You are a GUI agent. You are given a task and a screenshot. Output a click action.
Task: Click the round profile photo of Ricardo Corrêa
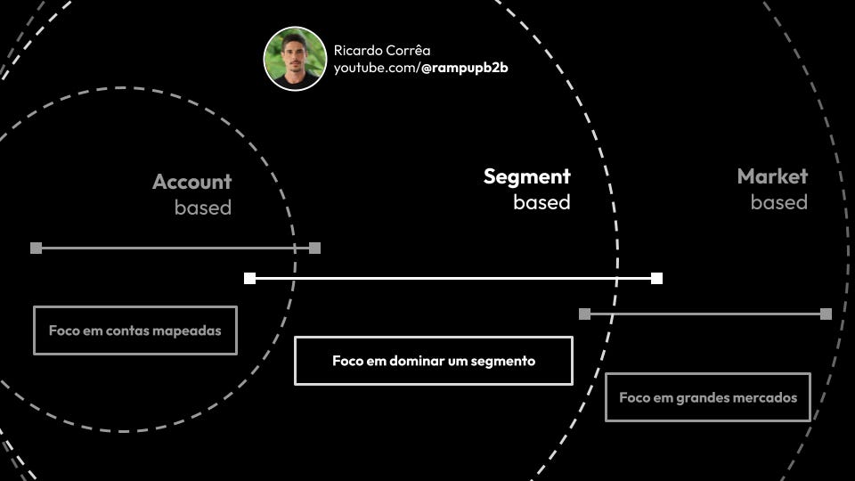pyautogui.click(x=295, y=58)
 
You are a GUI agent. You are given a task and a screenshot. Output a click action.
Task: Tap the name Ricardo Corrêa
pyautogui.click(x=381, y=51)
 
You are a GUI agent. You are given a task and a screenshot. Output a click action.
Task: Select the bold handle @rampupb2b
pyautogui.click(x=464, y=68)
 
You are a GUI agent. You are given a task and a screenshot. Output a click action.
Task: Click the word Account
pyautogui.click(x=191, y=182)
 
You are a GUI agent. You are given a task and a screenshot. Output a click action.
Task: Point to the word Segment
pyautogui.click(x=526, y=176)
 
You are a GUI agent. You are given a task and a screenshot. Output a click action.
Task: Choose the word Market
pyautogui.click(x=772, y=176)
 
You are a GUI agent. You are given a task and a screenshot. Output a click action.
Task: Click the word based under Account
pyautogui.click(x=203, y=208)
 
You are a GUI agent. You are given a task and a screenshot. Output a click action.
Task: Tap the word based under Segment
pyautogui.click(x=541, y=202)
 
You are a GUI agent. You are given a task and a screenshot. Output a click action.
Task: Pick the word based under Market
pyautogui.click(x=778, y=202)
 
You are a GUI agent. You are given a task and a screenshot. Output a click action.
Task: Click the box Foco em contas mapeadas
pyautogui.click(x=135, y=330)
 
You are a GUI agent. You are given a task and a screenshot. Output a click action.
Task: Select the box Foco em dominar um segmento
pyautogui.click(x=434, y=361)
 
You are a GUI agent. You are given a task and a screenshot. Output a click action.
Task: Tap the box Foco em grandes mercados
pyautogui.click(x=708, y=397)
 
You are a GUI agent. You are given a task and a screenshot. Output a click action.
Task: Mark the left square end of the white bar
pyautogui.click(x=249, y=278)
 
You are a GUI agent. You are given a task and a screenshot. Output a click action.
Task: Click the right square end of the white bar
pyautogui.click(x=656, y=278)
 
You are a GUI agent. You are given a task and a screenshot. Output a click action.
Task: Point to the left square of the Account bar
pyautogui.click(x=36, y=248)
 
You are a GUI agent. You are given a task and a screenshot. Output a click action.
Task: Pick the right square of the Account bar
pyautogui.click(x=314, y=248)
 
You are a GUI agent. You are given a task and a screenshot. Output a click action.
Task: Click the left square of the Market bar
pyautogui.click(x=584, y=314)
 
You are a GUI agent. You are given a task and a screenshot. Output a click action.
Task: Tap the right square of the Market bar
pyautogui.click(x=826, y=314)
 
